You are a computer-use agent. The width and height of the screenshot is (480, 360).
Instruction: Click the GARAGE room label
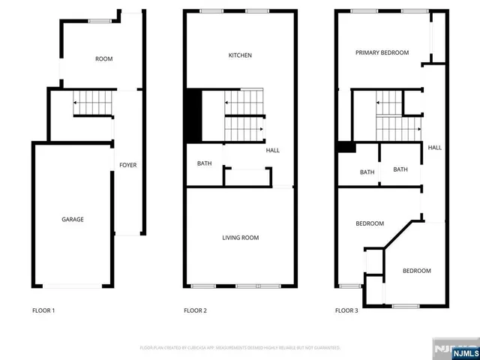tap(73, 220)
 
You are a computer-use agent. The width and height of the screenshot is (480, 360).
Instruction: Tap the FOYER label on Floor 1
tap(128, 165)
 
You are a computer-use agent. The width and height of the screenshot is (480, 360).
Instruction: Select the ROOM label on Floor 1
tap(103, 58)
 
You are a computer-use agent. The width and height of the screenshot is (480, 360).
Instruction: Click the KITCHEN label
tap(240, 55)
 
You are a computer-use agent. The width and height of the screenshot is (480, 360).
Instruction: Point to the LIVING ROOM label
tap(240, 238)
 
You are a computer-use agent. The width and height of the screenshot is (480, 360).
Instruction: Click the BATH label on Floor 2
tap(204, 164)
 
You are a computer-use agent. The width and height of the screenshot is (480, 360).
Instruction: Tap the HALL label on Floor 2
tap(272, 150)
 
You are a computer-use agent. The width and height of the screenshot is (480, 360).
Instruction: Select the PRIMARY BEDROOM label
tap(382, 52)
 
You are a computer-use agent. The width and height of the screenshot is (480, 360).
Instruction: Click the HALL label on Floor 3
tap(434, 148)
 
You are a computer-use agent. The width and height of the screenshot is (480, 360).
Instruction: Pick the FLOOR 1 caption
tap(43, 310)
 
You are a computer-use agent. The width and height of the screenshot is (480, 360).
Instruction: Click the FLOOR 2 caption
tap(195, 310)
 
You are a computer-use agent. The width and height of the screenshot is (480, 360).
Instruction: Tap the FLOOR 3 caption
tap(346, 310)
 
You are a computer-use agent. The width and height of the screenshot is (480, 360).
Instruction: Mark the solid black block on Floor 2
tap(193, 115)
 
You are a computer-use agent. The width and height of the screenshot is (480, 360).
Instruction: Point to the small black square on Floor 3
tap(346, 147)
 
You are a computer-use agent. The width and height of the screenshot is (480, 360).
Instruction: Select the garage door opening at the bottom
tap(73, 286)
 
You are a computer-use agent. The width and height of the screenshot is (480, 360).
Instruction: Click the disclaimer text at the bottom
tap(240, 348)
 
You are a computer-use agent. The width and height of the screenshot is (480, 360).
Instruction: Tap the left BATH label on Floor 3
tap(367, 172)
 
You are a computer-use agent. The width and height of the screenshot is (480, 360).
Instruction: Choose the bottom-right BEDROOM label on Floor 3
tap(416, 271)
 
